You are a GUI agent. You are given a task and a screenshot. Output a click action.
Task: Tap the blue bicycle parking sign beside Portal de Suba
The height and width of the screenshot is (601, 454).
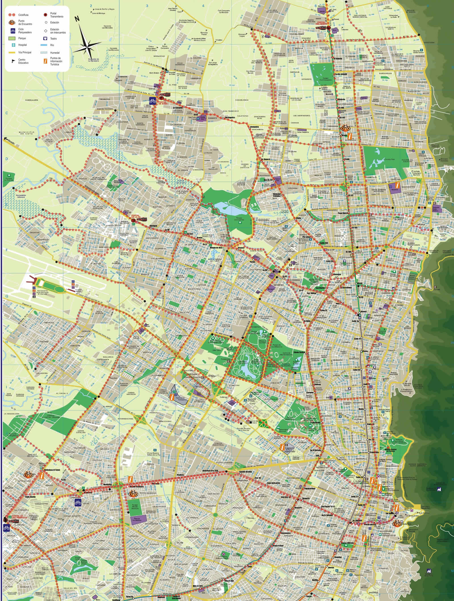[x=153, y=100]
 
